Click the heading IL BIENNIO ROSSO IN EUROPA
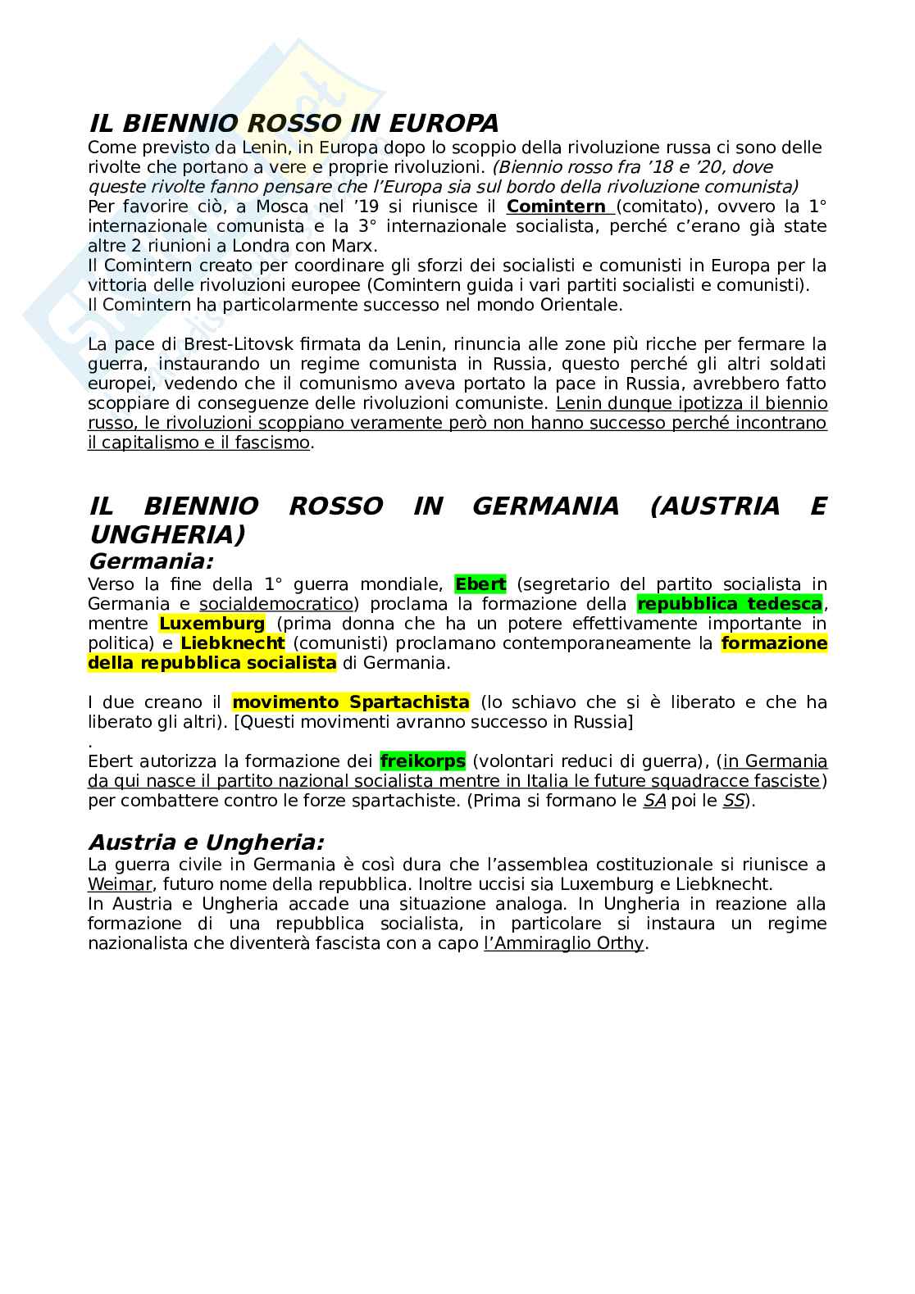pyautogui.click(x=293, y=124)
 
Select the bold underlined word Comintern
pyautogui.click(x=555, y=207)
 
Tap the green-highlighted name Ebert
pyautogui.click(x=480, y=584)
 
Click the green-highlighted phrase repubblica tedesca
pyautogui.click(x=730, y=604)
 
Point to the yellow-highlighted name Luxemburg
pyautogui.click(x=212, y=624)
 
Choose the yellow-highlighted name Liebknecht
pyautogui.click(x=233, y=643)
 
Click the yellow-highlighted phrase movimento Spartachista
pyautogui.click(x=351, y=702)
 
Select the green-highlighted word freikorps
pyautogui.click(x=423, y=761)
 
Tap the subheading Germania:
pyautogui.click(x=151, y=562)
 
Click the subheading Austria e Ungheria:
pyautogui.click(x=207, y=842)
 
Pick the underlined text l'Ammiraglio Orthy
pyautogui.click(x=564, y=943)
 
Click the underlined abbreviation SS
pyautogui.click(x=732, y=801)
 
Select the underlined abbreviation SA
pyautogui.click(x=654, y=801)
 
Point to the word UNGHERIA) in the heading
pyautogui.click(x=166, y=535)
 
